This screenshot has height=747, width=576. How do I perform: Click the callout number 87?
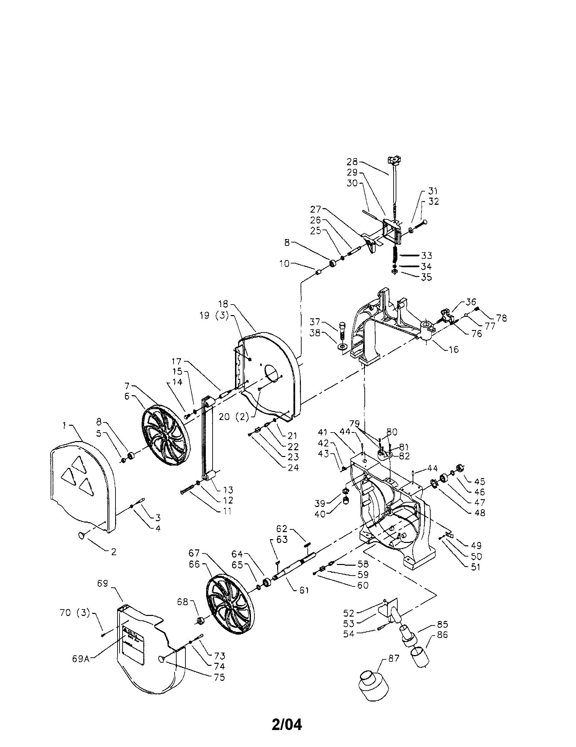[x=394, y=658]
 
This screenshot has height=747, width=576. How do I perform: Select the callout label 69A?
[x=81, y=659]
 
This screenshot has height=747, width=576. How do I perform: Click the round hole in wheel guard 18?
[x=272, y=373]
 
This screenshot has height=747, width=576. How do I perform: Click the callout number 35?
[x=427, y=277]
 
